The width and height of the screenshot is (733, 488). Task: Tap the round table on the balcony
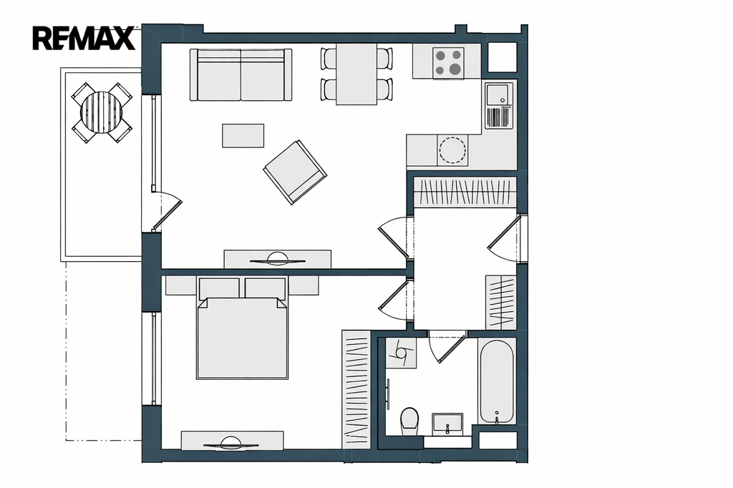[x=102, y=112]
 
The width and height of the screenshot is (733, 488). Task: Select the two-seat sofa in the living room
[x=241, y=75]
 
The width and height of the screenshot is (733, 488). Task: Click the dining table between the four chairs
[x=356, y=74]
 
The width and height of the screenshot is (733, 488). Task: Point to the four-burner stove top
[x=448, y=63]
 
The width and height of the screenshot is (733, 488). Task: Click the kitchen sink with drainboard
[x=499, y=106]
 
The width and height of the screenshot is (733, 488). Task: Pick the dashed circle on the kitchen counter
[x=452, y=150]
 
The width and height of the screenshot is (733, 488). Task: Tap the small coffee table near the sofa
[x=243, y=135]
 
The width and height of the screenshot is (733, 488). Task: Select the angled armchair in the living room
[x=295, y=172]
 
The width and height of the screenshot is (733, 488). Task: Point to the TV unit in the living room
[x=278, y=260]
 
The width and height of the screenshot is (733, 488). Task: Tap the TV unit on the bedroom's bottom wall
[x=233, y=441]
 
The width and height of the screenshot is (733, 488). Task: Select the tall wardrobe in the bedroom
[x=356, y=389]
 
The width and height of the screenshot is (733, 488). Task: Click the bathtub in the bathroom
[x=497, y=381]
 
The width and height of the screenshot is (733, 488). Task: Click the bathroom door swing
[x=447, y=346]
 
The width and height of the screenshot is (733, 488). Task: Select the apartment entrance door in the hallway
[x=504, y=238]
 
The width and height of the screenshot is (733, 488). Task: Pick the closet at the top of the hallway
[x=465, y=192]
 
